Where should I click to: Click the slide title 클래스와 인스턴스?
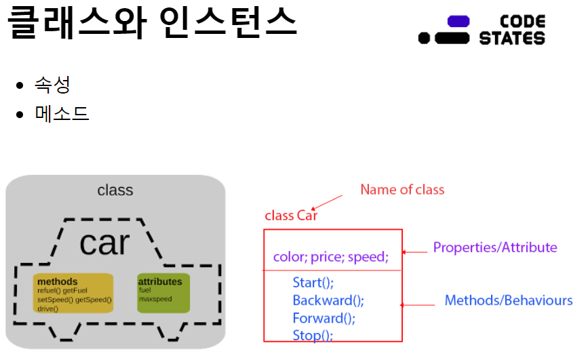(x=153, y=22)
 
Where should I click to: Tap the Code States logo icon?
(x=445, y=31)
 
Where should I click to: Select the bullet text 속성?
(x=53, y=85)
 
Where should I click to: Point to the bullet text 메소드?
(x=62, y=113)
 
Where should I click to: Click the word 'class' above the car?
(x=115, y=191)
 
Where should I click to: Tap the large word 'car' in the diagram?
(x=104, y=242)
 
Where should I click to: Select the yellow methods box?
(x=73, y=294)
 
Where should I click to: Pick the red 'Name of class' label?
(x=402, y=190)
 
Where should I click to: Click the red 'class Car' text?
(x=291, y=216)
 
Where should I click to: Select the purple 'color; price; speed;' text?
(x=330, y=257)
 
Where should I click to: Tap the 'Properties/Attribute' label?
(x=495, y=247)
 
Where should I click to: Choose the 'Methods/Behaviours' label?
(x=509, y=300)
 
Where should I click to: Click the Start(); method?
(x=313, y=282)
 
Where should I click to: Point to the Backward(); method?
(x=328, y=300)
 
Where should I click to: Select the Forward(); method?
(x=324, y=317)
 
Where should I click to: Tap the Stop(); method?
(x=313, y=335)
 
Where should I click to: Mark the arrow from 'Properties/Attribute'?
(x=415, y=252)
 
